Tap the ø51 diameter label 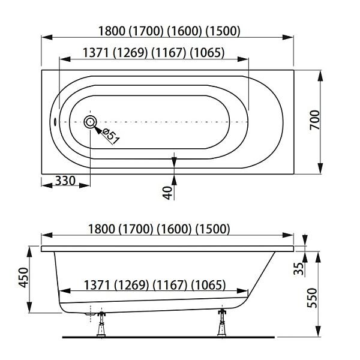[111, 136]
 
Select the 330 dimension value [65, 181]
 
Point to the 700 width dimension [315, 120]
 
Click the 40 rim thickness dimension [168, 193]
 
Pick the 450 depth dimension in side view [23, 277]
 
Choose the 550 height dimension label [312, 298]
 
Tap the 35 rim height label [299, 268]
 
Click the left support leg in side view [101, 324]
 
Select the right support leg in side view [222, 323]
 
